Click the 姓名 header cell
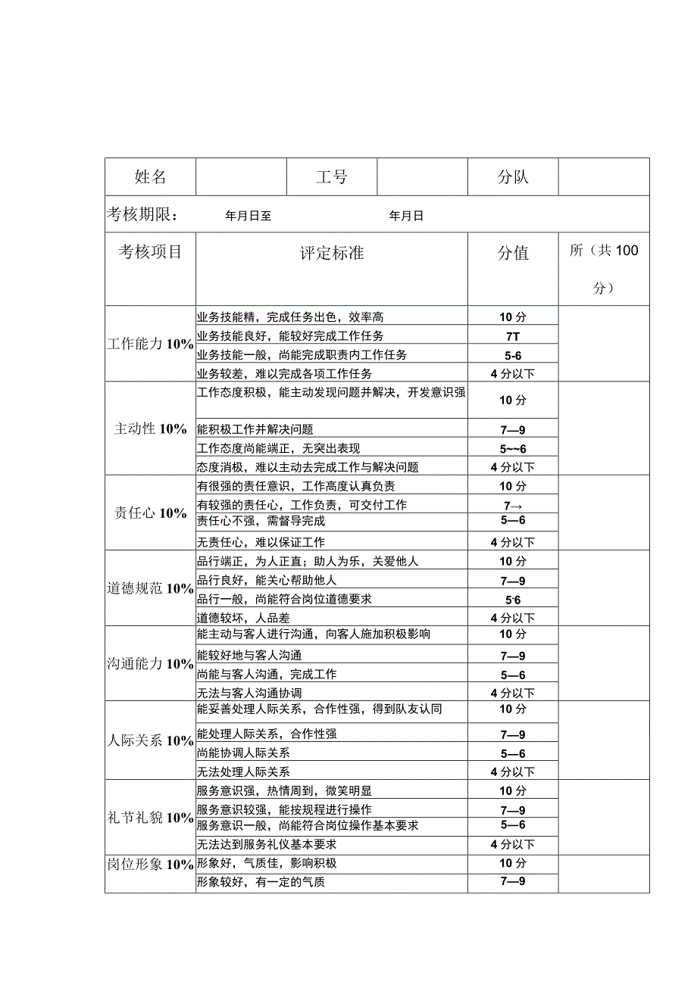[x=150, y=177]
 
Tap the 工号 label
[x=332, y=177]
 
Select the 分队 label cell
[x=513, y=177]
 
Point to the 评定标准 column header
[x=332, y=253]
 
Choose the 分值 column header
[x=513, y=253]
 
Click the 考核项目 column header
[x=150, y=251]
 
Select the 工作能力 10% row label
[x=150, y=344]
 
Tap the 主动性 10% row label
[x=150, y=429]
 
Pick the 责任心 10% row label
[x=150, y=513]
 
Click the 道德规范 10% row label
[x=150, y=588]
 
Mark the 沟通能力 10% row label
[x=150, y=664]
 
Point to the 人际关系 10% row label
[x=150, y=741]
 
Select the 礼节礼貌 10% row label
[x=150, y=818]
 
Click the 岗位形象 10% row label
[x=150, y=865]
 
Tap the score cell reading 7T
[x=512, y=336]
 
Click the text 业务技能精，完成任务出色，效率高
[x=290, y=317]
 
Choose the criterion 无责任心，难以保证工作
[x=261, y=542]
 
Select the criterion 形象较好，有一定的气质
[x=261, y=881]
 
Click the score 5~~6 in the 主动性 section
[x=512, y=449]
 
